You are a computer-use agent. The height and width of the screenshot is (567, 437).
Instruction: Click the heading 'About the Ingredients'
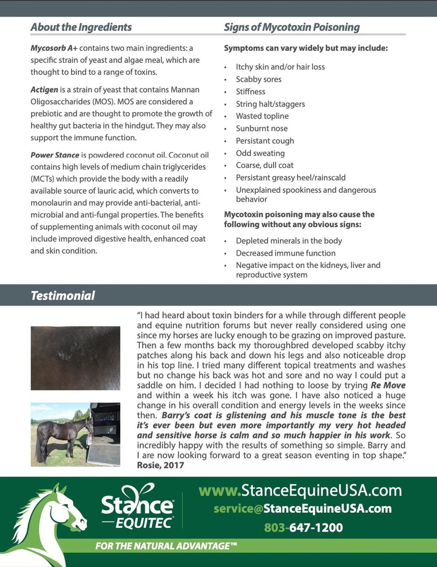(x=81, y=27)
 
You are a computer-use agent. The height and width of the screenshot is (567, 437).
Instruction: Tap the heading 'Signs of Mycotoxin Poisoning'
(x=292, y=27)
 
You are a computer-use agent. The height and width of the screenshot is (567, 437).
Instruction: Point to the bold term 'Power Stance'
(x=54, y=155)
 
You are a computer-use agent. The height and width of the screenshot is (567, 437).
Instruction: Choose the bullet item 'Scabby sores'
(x=259, y=79)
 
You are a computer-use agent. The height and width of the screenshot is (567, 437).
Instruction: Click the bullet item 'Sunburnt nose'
(x=261, y=128)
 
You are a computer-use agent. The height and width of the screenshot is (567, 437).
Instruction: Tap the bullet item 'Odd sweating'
(x=260, y=153)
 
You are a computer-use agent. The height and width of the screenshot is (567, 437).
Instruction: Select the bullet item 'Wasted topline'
(x=262, y=116)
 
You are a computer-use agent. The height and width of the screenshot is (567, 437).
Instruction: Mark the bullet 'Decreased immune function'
(x=286, y=253)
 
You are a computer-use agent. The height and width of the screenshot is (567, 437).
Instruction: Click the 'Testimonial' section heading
(x=63, y=296)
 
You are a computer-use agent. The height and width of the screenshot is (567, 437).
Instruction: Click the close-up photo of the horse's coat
(x=76, y=358)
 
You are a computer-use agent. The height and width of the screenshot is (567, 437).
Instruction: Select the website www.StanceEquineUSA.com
(x=300, y=490)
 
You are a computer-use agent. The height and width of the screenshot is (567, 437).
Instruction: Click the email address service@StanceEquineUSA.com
(x=303, y=508)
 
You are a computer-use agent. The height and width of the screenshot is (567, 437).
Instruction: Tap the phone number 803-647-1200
(x=303, y=527)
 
